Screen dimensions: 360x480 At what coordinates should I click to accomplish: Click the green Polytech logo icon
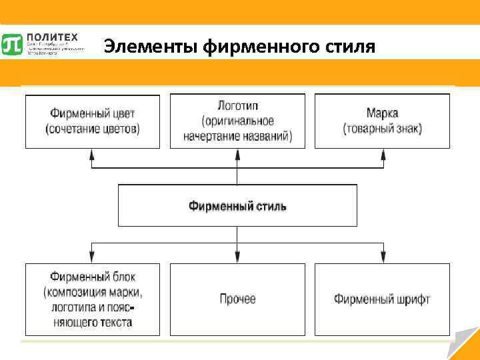click(x=12, y=44)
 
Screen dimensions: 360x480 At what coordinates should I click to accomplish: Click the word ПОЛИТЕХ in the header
click(x=53, y=37)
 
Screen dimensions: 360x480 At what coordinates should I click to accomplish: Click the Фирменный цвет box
click(x=93, y=121)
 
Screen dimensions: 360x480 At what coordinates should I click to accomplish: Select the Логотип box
click(x=237, y=121)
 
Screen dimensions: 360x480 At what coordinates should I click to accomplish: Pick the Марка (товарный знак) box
click(x=382, y=121)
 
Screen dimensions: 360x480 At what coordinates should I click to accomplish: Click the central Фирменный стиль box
click(x=237, y=205)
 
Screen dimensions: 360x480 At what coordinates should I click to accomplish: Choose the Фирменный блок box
click(x=93, y=299)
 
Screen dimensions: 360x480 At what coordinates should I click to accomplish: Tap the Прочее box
click(x=237, y=299)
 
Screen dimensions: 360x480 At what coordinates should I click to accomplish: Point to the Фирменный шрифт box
click(x=382, y=299)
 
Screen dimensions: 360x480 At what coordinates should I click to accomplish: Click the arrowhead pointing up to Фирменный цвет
click(x=93, y=153)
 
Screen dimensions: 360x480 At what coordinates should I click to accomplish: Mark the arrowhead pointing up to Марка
click(x=383, y=153)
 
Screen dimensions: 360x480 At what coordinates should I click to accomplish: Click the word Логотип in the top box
click(x=237, y=107)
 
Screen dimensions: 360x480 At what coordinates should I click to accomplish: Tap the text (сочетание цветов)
click(x=93, y=129)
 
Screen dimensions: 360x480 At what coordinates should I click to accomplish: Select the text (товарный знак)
click(x=382, y=129)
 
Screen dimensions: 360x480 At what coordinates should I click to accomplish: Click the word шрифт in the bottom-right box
click(x=411, y=299)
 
